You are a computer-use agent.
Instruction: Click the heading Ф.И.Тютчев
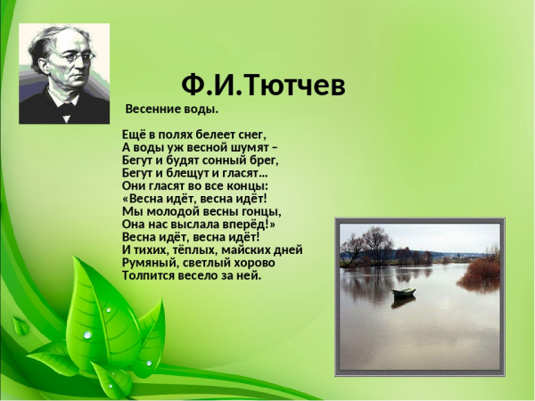(262, 86)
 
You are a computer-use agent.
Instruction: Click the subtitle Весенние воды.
(171, 110)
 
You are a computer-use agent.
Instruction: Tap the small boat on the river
(404, 291)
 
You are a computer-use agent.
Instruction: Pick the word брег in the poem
(263, 160)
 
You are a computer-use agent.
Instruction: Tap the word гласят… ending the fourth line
(239, 173)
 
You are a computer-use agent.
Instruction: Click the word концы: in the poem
(235, 186)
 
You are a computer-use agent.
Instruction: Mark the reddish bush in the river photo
(482, 270)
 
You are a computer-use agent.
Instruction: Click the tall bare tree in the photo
(377, 242)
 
